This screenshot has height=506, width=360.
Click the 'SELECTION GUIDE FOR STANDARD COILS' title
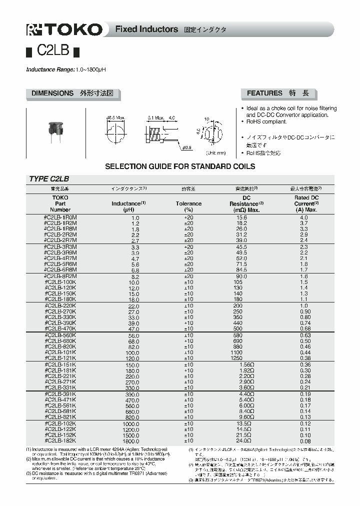click(x=179, y=166)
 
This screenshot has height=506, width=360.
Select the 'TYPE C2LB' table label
click(x=48, y=179)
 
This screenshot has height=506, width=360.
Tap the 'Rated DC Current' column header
click(x=306, y=203)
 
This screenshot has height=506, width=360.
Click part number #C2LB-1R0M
click(x=60, y=218)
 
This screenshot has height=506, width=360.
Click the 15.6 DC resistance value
click(x=241, y=218)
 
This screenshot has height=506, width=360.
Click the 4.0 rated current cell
click(x=303, y=218)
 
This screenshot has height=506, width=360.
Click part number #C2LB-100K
click(x=60, y=282)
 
